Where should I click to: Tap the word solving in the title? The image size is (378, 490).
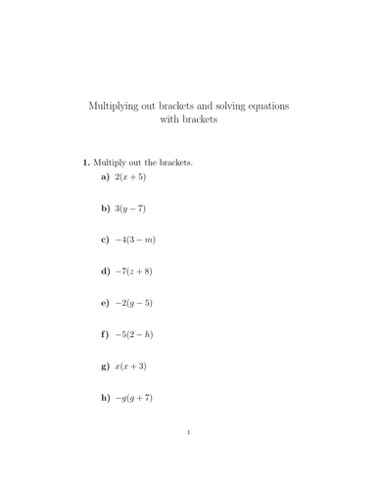[x=230, y=104]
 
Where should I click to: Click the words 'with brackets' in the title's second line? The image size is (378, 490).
[x=189, y=120]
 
